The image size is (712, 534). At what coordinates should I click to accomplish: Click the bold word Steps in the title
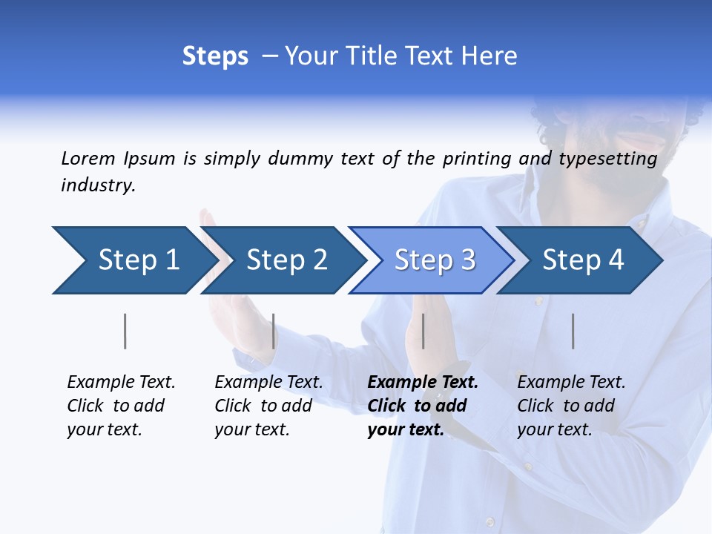click(215, 56)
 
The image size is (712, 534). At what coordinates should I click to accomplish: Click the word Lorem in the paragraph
click(88, 159)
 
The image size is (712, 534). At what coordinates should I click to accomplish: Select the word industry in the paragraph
click(98, 185)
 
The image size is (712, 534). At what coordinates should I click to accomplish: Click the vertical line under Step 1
click(125, 331)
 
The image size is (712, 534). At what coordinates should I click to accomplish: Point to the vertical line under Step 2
click(273, 331)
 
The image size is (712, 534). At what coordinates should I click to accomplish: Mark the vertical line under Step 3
click(423, 331)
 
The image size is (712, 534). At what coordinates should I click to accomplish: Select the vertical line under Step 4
click(573, 331)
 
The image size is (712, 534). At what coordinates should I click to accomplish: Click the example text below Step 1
click(121, 406)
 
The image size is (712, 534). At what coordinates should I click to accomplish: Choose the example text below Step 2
click(268, 406)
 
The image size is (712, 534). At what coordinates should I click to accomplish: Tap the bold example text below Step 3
click(423, 406)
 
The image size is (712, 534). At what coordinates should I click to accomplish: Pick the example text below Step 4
click(571, 406)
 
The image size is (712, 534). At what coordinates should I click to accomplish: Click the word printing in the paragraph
click(477, 159)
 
